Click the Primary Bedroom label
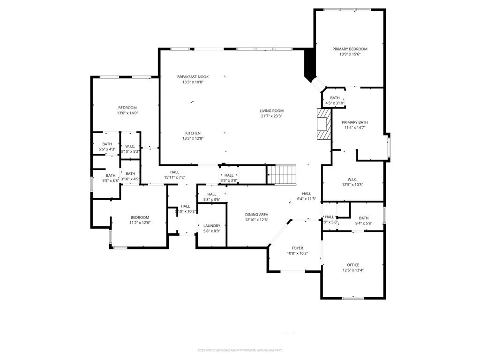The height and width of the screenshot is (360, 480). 350,49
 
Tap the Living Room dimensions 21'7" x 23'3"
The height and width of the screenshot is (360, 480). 271,116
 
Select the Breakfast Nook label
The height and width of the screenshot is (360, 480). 193,77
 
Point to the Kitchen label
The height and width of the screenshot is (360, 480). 193,133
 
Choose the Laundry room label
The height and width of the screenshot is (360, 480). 211,225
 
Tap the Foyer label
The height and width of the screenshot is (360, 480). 297,248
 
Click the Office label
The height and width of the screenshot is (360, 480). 353,265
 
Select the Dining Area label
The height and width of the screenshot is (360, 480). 256,215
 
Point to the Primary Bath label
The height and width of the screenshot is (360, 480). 354,122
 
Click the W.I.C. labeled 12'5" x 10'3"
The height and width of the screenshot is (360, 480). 352,179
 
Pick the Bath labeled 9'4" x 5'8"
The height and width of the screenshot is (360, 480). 364,218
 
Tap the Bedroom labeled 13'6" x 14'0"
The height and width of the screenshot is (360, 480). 127,108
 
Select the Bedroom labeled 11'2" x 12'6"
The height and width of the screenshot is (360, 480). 140,217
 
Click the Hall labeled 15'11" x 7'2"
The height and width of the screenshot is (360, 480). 175,172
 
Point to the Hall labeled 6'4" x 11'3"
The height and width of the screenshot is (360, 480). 307,194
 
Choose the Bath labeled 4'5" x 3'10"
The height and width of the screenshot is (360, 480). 335,98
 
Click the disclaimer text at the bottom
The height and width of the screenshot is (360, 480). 240,350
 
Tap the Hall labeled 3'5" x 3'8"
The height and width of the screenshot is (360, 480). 229,175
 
